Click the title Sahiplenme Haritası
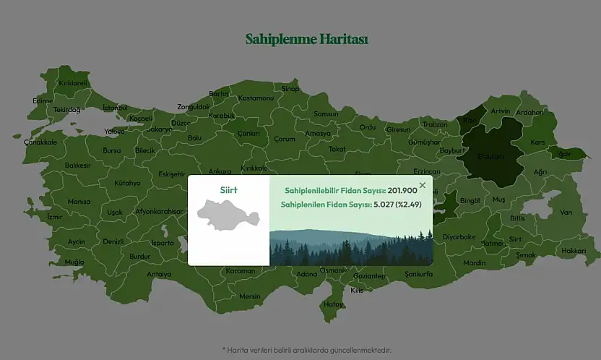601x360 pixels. click(307, 39)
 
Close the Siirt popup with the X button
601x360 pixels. click(423, 186)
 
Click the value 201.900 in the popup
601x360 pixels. click(402, 190)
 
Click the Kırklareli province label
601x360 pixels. click(73, 83)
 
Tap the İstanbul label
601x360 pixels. click(115, 108)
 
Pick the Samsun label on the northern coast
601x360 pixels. click(326, 114)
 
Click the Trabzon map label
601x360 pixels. click(435, 124)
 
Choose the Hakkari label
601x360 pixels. click(574, 251)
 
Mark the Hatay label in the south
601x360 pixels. click(334, 304)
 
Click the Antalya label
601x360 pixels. click(159, 275)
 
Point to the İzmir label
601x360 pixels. click(55, 217)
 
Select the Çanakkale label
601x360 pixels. click(40, 142)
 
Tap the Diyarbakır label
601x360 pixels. click(459, 237)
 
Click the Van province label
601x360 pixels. click(566, 213)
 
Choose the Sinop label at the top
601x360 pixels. click(290, 89)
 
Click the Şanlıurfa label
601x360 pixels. click(419, 275)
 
